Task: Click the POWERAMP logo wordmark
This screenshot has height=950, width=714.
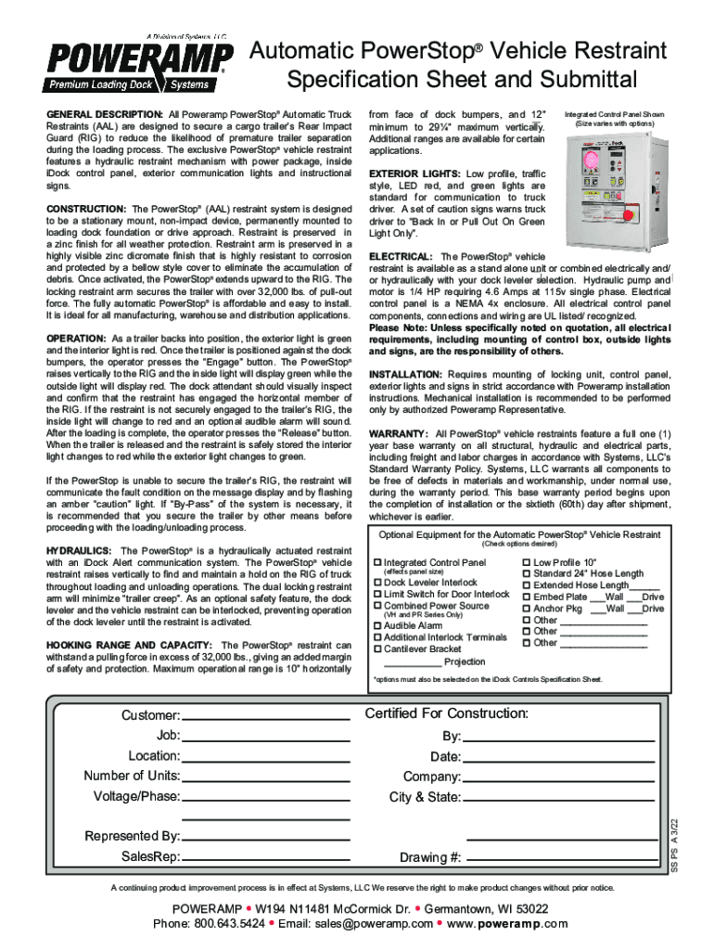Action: pos(140,61)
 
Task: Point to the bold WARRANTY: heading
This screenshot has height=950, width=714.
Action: pos(399,433)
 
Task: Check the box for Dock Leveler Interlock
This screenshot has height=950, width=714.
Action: pos(376,583)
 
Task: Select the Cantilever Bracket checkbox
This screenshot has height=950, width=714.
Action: pos(376,649)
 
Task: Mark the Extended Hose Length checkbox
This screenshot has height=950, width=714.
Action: pos(527,585)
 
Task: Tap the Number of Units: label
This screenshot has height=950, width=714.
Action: pos(132,776)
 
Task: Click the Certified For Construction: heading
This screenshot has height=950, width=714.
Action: pos(446,713)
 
